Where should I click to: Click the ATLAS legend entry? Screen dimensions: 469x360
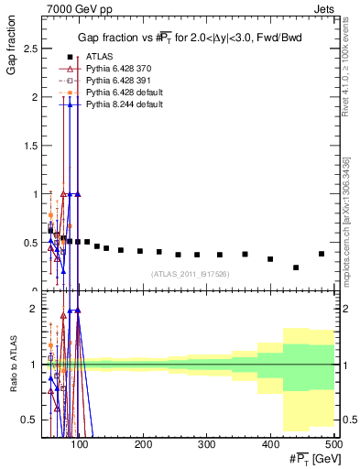coord(102,56)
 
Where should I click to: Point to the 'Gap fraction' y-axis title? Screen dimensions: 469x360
coord(11,45)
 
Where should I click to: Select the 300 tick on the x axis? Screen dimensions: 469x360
coord(206,443)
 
